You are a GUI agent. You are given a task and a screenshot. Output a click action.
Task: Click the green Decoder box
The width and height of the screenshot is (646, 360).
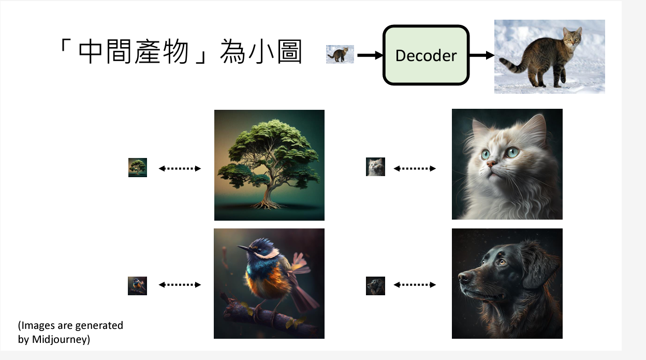tap(425, 55)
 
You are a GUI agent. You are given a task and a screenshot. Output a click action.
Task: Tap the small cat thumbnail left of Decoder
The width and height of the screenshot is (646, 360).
tap(340, 54)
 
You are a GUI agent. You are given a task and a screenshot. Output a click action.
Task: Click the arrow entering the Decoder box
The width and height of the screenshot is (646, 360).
tap(369, 55)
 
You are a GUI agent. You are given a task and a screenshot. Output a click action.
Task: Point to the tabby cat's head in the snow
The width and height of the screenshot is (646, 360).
tap(571, 37)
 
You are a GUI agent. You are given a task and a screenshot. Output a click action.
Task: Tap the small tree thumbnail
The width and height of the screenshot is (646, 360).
tap(138, 168)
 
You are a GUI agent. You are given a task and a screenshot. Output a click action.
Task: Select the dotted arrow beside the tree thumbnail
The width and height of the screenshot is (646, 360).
tap(180, 168)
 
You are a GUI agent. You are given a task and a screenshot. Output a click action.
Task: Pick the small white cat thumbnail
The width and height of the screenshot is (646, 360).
tap(375, 167)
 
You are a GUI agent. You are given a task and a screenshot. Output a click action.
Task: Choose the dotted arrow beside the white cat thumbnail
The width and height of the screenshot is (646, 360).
tap(415, 168)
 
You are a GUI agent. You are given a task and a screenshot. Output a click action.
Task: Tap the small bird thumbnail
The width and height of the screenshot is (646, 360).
tap(137, 286)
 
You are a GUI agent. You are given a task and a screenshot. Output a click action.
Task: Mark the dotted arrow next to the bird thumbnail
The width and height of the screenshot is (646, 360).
tap(180, 284)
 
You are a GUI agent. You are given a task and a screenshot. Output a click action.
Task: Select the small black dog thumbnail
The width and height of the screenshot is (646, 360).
tap(375, 286)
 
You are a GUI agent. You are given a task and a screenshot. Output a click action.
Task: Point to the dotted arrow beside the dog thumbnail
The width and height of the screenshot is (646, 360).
tap(415, 284)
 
